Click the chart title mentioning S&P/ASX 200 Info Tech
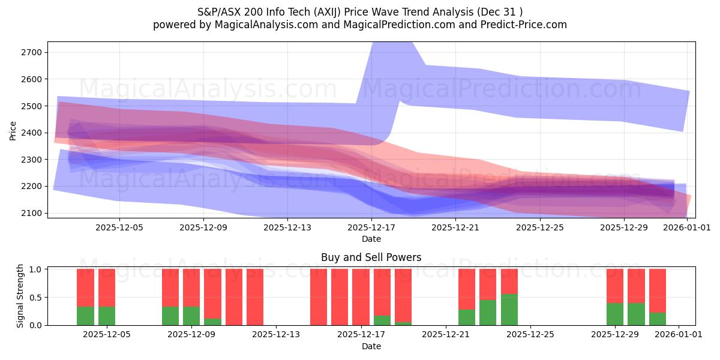click(359, 12)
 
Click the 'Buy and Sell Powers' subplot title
click(371, 257)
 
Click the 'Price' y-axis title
click(13, 130)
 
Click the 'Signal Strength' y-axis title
click(20, 296)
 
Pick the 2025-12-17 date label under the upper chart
click(371, 228)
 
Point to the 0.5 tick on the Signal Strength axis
click(35, 298)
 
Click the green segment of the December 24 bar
click(509, 310)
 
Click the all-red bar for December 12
click(255, 297)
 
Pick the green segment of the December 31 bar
click(658, 319)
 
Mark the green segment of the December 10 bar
click(212, 322)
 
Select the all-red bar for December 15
click(319, 297)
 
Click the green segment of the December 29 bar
click(615, 314)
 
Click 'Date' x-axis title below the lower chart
click(371, 346)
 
